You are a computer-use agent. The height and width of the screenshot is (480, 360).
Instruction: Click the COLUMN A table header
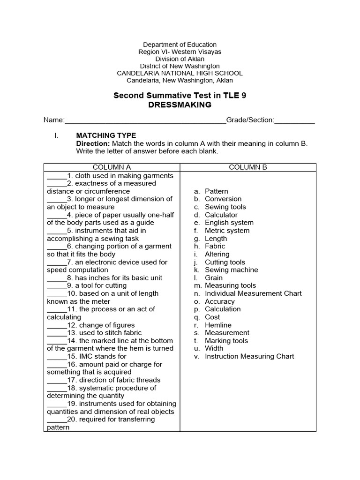click(112, 167)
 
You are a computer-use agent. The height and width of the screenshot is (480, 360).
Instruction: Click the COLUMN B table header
click(248, 167)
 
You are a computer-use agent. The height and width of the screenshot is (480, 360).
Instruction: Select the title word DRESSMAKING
click(180, 105)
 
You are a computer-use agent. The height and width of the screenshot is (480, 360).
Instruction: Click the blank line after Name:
click(145, 120)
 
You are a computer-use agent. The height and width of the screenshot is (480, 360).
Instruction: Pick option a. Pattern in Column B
click(216, 191)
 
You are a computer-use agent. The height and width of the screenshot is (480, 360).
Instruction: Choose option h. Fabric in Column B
click(215, 246)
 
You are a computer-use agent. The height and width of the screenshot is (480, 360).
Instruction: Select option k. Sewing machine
click(231, 270)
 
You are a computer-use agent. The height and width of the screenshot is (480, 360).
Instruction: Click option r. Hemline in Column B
click(218, 325)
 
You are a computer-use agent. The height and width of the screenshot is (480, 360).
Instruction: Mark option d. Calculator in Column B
click(221, 215)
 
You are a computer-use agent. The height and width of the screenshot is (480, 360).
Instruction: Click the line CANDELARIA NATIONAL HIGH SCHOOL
click(180, 73)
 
